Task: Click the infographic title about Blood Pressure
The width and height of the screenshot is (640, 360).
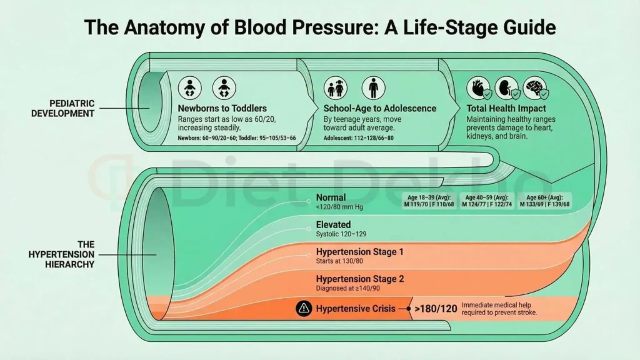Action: coord(320,28)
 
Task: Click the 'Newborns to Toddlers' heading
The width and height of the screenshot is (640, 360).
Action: coord(222,108)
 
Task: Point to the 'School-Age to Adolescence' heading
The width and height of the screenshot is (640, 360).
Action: coord(380,108)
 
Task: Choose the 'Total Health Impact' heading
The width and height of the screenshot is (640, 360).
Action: coord(507,108)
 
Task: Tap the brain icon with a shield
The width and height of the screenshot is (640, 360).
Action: coord(536,89)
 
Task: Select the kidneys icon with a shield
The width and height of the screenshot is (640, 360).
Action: coord(508,89)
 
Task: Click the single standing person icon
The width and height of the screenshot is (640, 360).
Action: coord(373,88)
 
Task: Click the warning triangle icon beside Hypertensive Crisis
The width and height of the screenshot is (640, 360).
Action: coord(304,308)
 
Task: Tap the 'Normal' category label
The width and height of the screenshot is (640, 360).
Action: coord(331,198)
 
